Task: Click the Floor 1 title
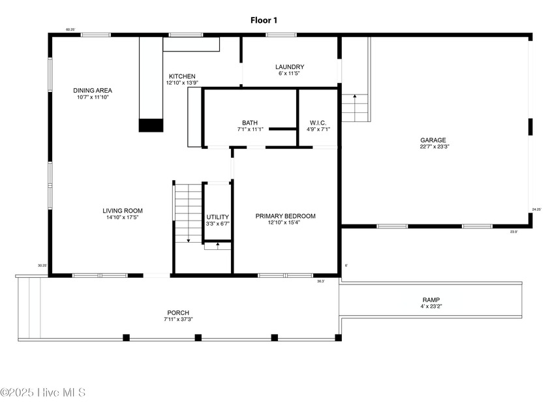[264, 20]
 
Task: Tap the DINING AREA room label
[92, 90]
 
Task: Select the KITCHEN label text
[182, 76]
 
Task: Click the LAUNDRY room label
[290, 67]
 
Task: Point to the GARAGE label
[433, 140]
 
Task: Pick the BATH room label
[250, 123]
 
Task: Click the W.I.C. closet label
[318, 123]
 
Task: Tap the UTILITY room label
[218, 217]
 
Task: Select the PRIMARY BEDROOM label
[286, 216]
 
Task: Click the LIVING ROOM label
[122, 211]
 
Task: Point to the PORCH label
[178, 312]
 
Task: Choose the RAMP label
[431, 299]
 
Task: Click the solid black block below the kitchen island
[151, 125]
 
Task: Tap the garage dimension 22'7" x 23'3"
[434, 147]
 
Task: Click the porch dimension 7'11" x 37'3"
[178, 319]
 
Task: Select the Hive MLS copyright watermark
[43, 392]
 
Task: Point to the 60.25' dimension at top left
[70, 29]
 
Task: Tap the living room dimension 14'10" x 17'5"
[122, 217]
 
